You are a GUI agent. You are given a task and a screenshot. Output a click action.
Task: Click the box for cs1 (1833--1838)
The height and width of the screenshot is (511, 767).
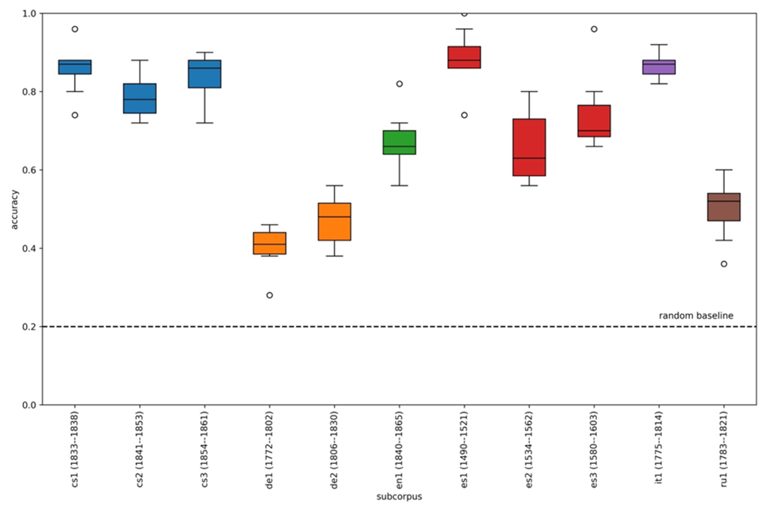pos(75,67)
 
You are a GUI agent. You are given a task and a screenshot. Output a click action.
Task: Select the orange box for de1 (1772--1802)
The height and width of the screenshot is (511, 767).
pos(269,243)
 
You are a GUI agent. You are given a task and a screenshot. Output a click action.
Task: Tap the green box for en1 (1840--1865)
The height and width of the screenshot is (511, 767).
pos(399,142)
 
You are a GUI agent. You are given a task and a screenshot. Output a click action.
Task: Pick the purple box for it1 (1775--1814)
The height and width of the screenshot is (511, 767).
pos(659,67)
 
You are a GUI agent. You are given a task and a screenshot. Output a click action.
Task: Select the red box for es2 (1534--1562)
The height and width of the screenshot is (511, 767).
pos(529,147)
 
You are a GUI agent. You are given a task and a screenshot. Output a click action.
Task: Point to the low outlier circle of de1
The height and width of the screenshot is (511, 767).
pos(269,295)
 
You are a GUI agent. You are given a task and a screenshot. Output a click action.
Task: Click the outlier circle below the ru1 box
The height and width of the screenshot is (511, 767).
pos(724,263)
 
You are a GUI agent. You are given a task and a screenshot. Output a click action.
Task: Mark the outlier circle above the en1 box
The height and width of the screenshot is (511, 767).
pos(399,83)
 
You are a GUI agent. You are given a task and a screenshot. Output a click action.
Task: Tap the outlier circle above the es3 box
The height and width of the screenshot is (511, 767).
pos(594,29)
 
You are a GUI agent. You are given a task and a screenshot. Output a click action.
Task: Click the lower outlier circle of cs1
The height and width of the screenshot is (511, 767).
pos(75,115)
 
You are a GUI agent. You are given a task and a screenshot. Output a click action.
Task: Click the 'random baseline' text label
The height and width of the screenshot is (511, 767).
pos(696,316)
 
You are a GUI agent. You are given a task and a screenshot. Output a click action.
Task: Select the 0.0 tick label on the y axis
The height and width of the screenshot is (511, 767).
pos(31,405)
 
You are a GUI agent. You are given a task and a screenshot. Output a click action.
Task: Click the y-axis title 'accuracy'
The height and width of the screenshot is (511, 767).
pos(13,209)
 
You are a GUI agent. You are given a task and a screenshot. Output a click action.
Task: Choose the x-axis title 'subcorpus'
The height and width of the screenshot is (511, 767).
pos(399,496)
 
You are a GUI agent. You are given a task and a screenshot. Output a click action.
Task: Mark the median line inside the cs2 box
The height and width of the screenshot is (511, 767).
pos(140,99)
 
